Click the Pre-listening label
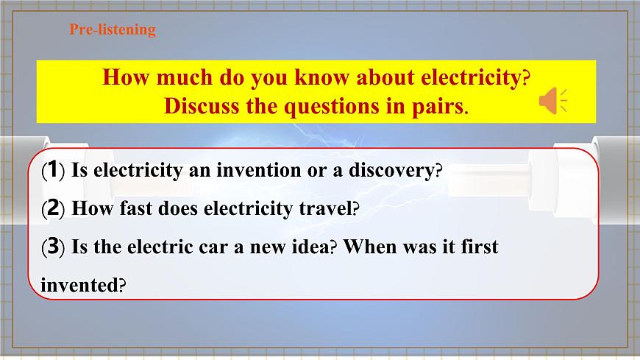coord(113,30)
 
